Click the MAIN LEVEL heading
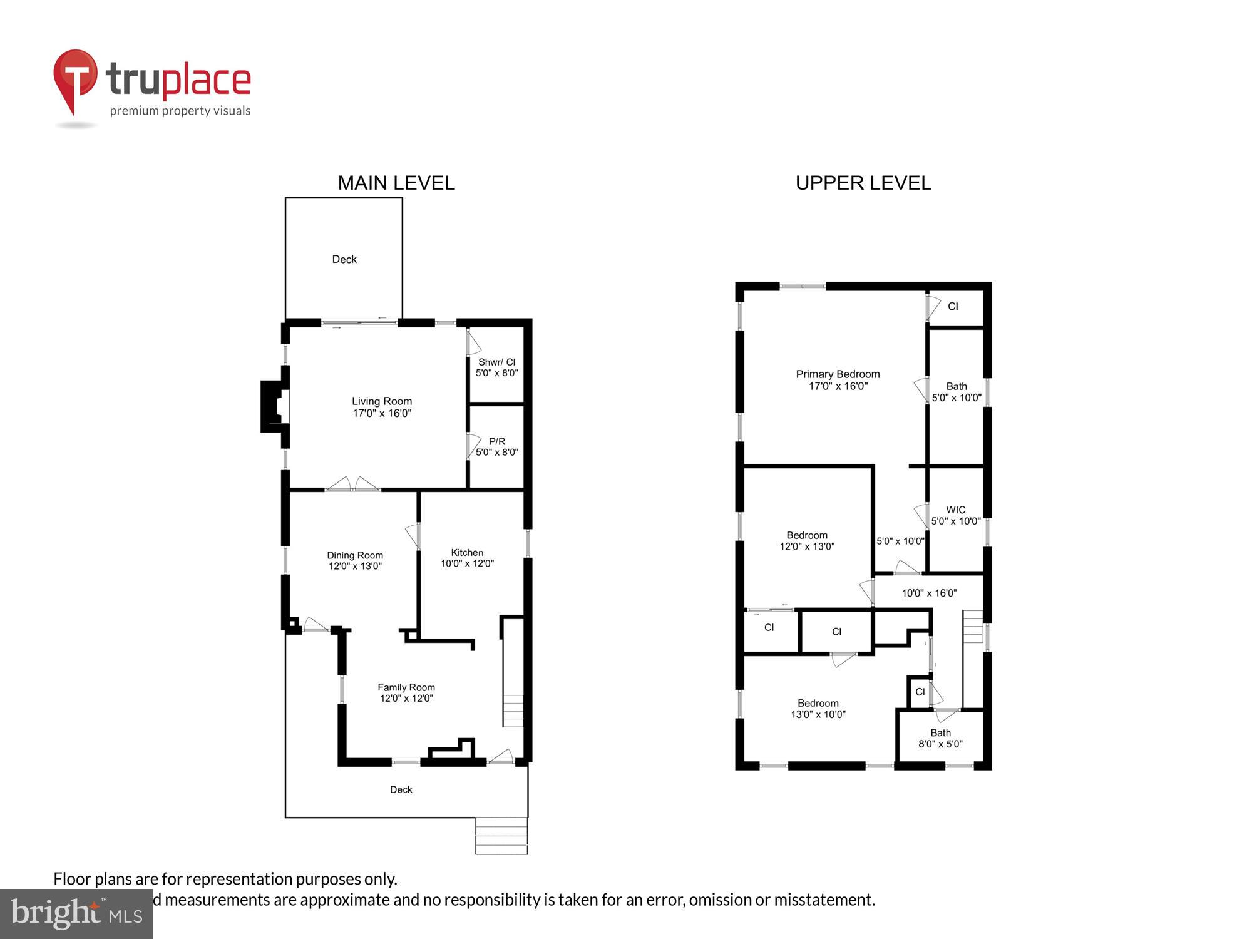[x=396, y=183]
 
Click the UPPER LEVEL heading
[x=863, y=183]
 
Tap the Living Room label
[x=381, y=407]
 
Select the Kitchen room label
[x=467, y=558]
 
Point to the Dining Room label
[x=354, y=560]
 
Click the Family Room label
[x=406, y=692]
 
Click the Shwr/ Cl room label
[x=496, y=367]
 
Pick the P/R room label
[x=496, y=446]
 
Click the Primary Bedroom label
[x=838, y=380]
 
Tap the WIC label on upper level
[x=955, y=515]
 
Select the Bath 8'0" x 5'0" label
[x=940, y=738]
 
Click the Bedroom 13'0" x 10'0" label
[x=818, y=709]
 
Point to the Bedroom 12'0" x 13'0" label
[x=806, y=541]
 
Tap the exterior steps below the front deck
[x=501, y=836]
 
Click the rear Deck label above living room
[x=344, y=259]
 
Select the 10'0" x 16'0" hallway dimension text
[x=928, y=593]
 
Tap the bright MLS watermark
[x=76, y=914]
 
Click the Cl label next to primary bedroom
[x=952, y=306]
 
